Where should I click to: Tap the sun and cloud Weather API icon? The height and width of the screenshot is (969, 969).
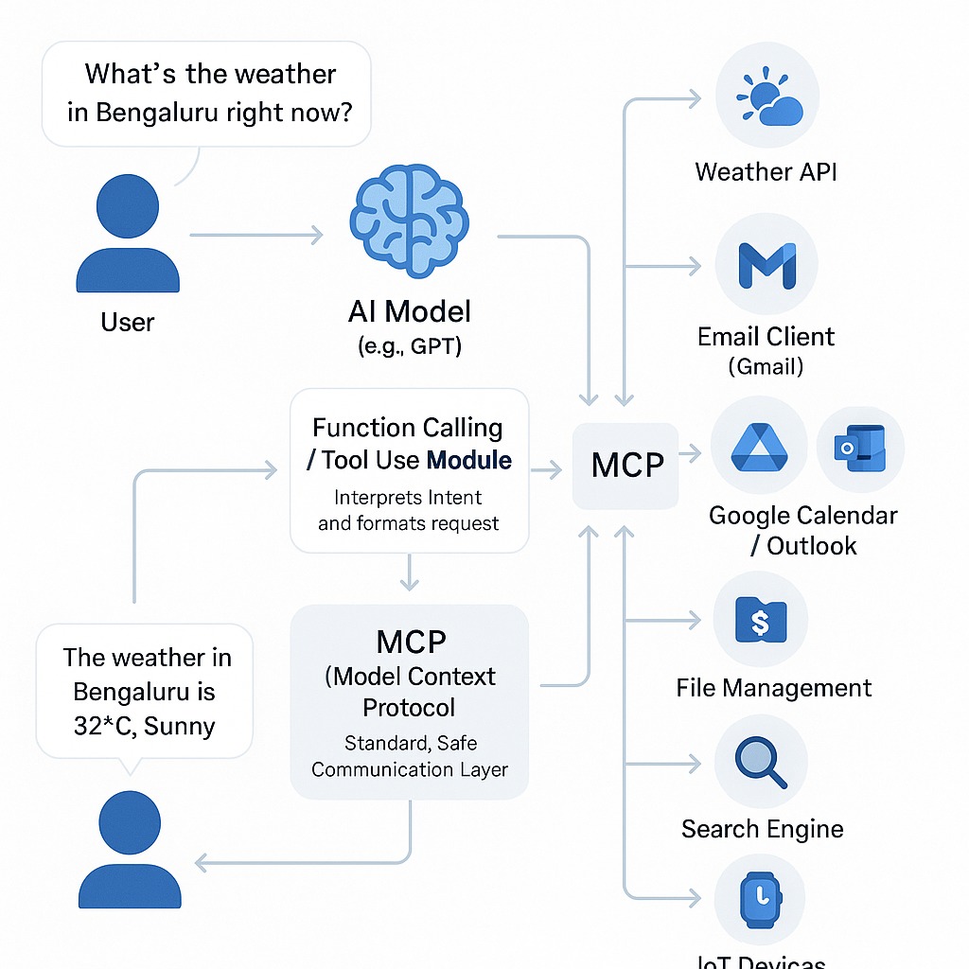point(766,98)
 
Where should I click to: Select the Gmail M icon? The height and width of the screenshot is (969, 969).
point(766,265)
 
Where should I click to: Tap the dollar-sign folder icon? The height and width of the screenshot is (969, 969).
point(760,621)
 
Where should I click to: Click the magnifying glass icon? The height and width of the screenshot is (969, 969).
point(760,763)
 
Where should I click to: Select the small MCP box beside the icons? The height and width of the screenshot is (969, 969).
point(626,466)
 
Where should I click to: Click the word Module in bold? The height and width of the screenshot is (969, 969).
point(469,461)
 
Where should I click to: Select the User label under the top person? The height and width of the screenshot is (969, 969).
point(127,323)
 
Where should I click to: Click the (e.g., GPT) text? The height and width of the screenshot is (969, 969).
point(410,346)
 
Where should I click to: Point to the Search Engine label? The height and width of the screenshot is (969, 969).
point(762,830)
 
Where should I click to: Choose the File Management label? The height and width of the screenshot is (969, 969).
point(774,688)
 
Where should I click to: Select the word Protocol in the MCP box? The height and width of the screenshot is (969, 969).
point(409,708)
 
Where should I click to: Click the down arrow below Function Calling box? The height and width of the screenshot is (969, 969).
point(409,572)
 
